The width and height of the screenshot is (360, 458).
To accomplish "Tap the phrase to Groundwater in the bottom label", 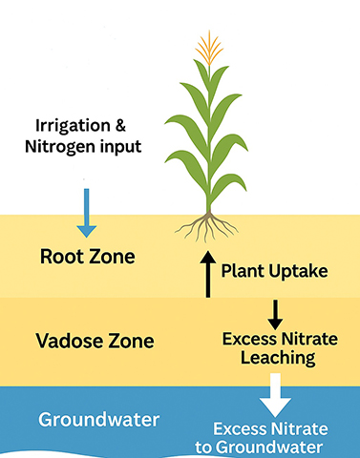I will (x=271, y=446).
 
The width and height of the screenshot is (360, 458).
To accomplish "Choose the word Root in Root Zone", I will (x=59, y=257).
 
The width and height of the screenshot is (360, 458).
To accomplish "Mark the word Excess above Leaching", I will (x=249, y=339).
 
